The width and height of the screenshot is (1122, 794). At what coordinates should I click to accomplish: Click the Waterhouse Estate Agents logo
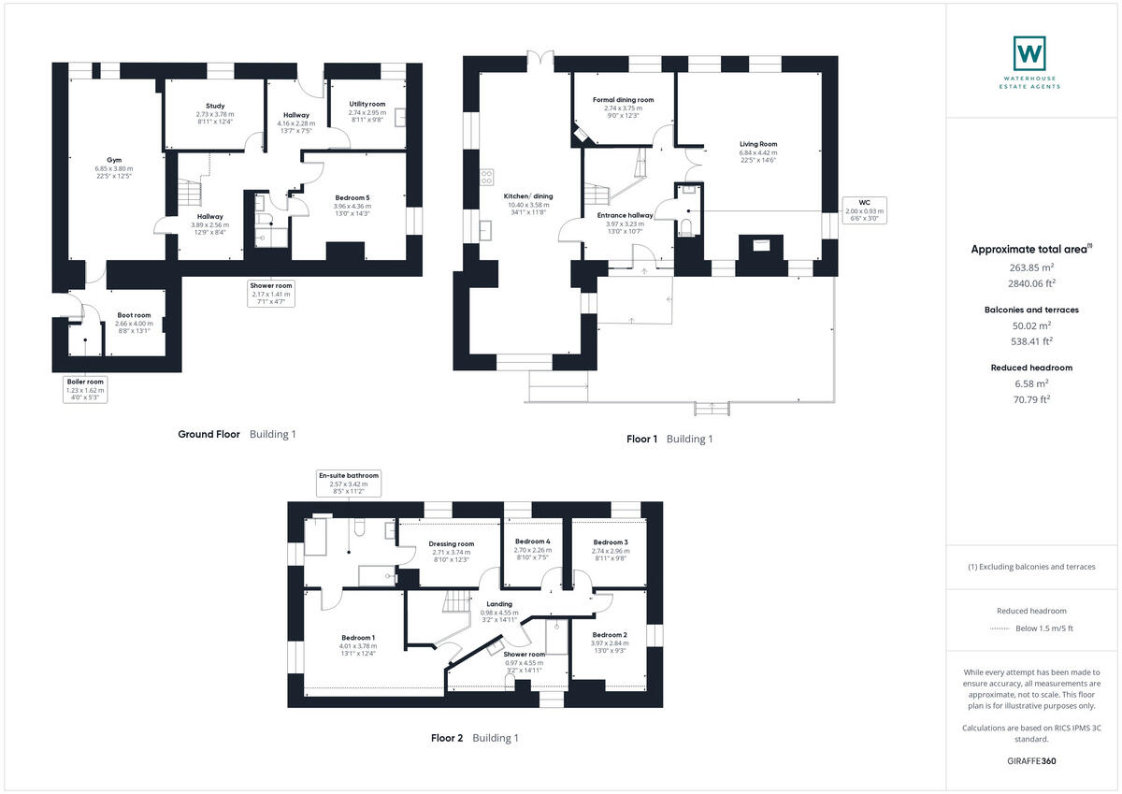[1029, 62]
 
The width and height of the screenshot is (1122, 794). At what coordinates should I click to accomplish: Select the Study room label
[215, 106]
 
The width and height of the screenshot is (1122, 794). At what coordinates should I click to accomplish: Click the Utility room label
[367, 104]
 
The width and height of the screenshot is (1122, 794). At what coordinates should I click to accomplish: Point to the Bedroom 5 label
[352, 197]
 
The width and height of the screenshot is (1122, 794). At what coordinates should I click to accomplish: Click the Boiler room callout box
[85, 389]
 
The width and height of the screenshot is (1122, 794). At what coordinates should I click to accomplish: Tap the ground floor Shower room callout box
[271, 294]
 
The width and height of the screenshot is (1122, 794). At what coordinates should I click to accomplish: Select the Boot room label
[134, 316]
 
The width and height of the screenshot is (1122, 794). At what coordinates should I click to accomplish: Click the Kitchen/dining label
[530, 196]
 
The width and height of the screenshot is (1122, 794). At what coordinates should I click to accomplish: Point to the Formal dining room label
[623, 99]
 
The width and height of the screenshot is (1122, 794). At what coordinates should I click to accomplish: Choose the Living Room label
[758, 144]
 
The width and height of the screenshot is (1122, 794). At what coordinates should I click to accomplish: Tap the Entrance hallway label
[626, 215]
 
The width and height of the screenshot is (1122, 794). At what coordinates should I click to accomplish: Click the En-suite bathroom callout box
[349, 484]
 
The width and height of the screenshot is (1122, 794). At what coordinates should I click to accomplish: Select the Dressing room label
[452, 543]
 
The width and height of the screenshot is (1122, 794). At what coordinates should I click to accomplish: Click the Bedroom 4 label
[532, 541]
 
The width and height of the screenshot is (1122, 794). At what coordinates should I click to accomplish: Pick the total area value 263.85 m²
[1029, 267]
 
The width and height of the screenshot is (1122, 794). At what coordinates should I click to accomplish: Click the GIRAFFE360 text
[1029, 761]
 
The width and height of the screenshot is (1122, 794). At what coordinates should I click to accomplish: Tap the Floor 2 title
[447, 738]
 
